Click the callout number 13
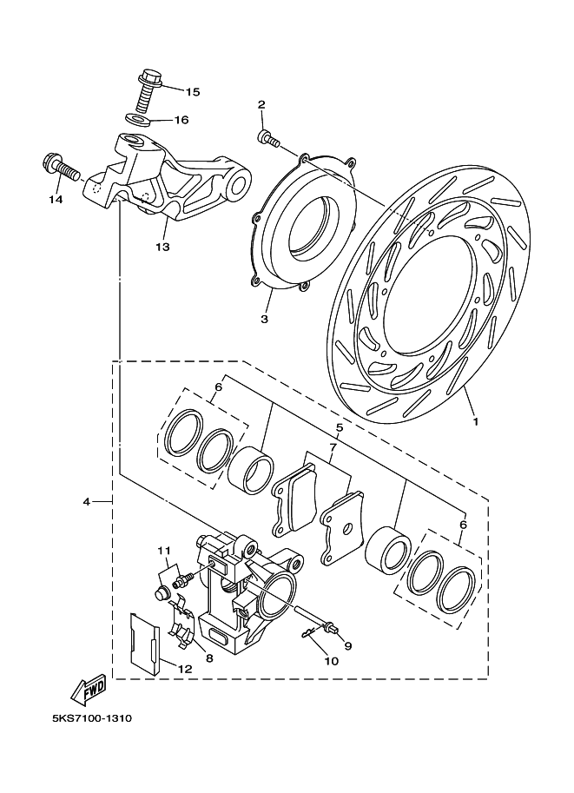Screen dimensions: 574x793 tap(162, 247)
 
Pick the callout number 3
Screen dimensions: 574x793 tap(264, 319)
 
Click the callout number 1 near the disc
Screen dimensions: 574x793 tap(475, 420)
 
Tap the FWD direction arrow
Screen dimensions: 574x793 tap(89, 691)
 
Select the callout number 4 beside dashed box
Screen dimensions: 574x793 tap(87, 502)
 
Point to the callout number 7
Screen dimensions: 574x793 tap(333, 447)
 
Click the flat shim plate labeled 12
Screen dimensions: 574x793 tap(145, 644)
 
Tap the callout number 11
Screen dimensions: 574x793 tap(164, 550)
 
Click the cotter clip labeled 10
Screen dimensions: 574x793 tap(310, 633)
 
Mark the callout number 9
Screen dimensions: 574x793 tap(348, 645)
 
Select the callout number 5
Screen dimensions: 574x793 tap(339, 428)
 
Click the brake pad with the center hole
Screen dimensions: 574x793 tap(342, 527)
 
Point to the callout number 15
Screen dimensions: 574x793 tap(193, 92)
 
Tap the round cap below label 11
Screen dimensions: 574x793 tap(162, 593)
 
